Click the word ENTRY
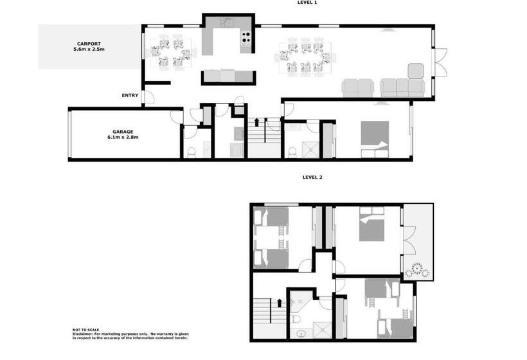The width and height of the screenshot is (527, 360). [130, 96]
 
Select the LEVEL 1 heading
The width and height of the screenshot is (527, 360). [307, 3]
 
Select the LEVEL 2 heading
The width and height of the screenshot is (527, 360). [312, 177]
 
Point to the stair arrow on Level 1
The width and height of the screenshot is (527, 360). [256, 122]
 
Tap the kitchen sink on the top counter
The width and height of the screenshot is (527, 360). [227, 22]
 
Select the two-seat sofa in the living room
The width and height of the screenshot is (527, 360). [357, 88]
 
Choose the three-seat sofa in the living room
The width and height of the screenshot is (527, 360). [402, 88]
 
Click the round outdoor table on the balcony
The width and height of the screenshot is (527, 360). [418, 270]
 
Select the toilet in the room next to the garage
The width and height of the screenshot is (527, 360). [191, 152]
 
